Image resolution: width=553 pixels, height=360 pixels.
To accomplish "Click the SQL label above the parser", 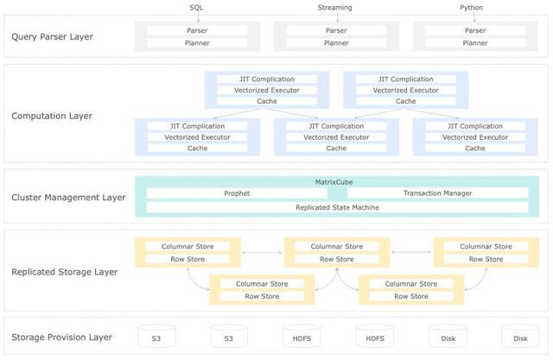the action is [x=196, y=8].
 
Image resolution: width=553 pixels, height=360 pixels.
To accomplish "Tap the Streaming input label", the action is [x=334, y=8].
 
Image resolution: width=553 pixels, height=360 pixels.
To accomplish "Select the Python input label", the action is [x=471, y=8].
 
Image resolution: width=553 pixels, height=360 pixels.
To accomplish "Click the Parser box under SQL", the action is [x=197, y=30].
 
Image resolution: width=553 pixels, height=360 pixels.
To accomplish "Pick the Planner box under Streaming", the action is [x=336, y=43].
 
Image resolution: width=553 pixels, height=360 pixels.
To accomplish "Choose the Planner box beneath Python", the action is [x=475, y=43].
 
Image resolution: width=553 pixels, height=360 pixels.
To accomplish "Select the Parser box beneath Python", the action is [x=475, y=30].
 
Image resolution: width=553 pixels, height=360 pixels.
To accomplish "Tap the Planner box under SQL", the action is [x=197, y=43].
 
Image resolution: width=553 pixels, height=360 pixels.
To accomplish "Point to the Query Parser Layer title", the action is [x=52, y=37].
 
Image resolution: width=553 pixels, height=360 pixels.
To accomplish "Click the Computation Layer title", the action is [x=52, y=116].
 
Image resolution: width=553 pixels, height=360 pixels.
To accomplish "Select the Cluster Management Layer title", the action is [x=68, y=197].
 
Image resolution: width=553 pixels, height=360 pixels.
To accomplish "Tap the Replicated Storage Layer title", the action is [x=65, y=272].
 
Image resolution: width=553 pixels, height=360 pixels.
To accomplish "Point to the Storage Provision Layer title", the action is [x=61, y=337].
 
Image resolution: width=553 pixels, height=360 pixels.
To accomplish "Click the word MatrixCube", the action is [x=334, y=182].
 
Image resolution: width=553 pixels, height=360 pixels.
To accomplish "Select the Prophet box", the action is [x=237, y=193].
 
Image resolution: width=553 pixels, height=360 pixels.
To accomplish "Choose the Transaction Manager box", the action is [x=438, y=193].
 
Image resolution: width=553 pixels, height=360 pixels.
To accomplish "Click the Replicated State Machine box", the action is [x=337, y=207].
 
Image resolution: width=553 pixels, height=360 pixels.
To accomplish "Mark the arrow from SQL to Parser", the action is [x=198, y=16].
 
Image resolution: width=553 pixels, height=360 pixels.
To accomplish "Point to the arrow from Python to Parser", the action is [x=474, y=16].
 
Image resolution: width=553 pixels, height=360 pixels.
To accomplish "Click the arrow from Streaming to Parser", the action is [x=337, y=16].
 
